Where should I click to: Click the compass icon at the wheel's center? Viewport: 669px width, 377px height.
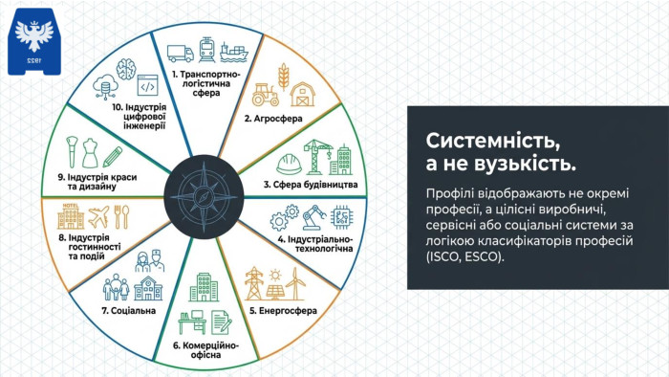point(204,197)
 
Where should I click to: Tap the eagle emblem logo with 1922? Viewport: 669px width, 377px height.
point(34,41)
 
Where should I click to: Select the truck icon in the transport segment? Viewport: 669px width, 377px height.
point(181,54)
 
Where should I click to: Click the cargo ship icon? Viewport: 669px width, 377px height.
point(234,52)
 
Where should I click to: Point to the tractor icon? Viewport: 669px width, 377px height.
point(266,95)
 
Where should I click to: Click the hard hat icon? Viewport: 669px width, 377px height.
point(289,165)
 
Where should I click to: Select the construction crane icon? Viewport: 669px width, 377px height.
point(318,157)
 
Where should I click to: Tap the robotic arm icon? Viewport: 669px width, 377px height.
point(313,217)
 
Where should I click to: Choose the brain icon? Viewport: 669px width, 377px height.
point(126,69)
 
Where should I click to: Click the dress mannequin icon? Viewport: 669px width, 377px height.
point(90,153)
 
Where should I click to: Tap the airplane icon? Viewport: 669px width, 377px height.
point(99,217)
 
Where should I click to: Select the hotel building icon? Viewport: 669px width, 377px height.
point(71,216)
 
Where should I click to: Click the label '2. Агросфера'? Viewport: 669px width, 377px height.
point(273,119)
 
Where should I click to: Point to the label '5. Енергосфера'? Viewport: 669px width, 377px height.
point(283,311)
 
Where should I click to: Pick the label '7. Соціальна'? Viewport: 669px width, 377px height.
point(129,311)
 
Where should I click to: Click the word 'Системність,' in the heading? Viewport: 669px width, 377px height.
point(493,141)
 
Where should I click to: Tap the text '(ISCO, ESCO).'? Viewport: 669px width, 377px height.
point(464,256)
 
